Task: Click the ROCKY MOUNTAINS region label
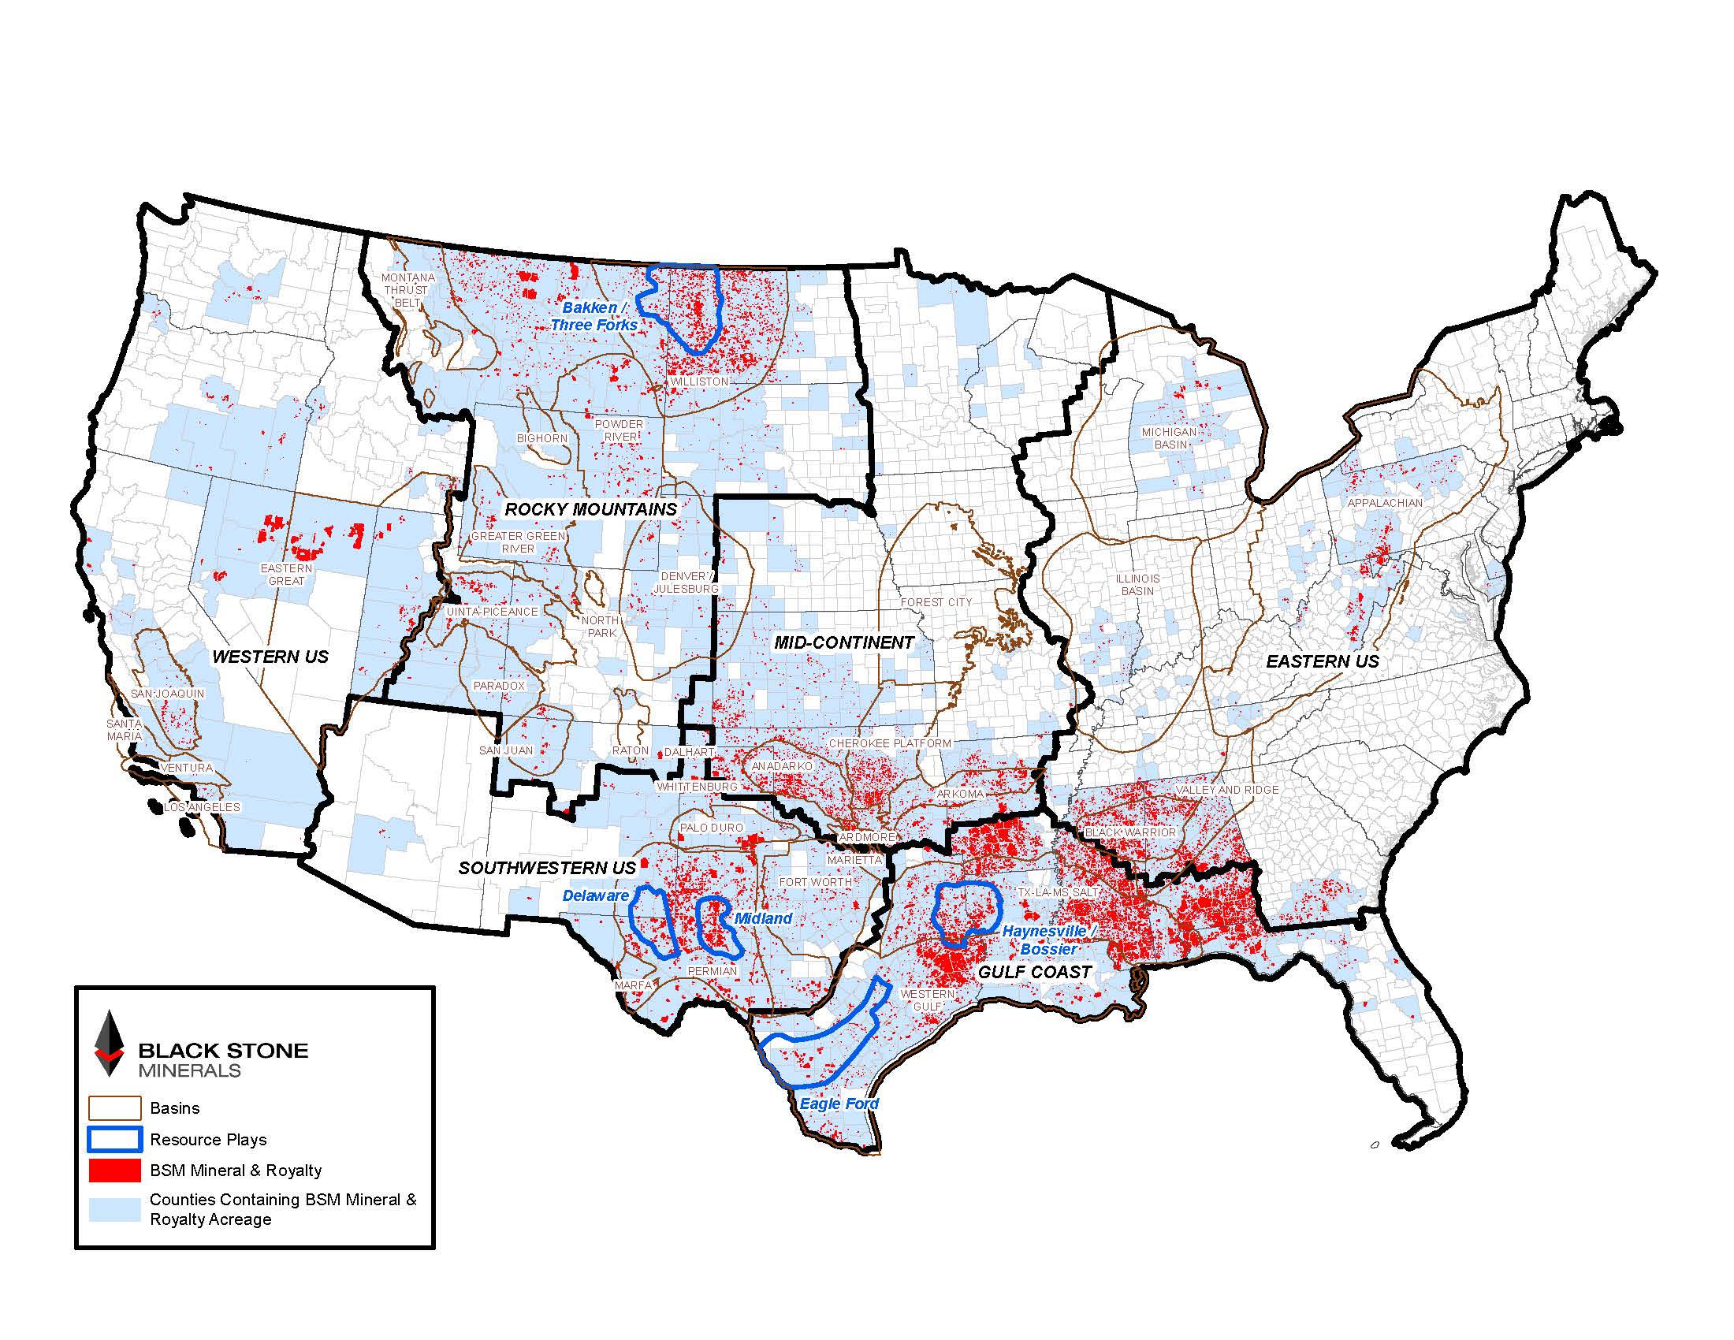[590, 510]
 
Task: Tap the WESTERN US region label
[270, 657]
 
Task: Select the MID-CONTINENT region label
[844, 642]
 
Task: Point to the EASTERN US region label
[1322, 661]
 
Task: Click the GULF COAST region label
[1035, 972]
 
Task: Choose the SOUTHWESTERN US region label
[547, 868]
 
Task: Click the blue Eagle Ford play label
[839, 1104]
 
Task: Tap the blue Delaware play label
[594, 895]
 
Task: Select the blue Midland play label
[763, 918]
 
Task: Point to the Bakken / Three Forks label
[594, 316]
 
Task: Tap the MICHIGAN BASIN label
[1169, 438]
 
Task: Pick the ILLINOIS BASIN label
[1137, 584]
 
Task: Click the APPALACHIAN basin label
[1385, 504]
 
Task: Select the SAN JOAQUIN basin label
[168, 694]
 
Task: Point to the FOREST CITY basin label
[936, 602]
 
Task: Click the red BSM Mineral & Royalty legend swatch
[114, 1170]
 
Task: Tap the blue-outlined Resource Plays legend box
[114, 1139]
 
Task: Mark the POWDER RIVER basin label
[619, 430]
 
